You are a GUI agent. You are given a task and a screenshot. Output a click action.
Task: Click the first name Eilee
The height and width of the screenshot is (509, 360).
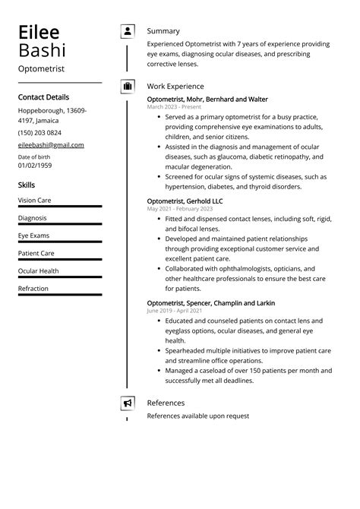pyautogui.click(x=39, y=32)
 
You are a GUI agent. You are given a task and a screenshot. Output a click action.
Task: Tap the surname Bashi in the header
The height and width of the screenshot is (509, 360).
pyautogui.click(x=42, y=51)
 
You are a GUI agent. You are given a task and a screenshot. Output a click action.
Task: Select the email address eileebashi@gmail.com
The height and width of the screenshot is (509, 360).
pyautogui.click(x=51, y=145)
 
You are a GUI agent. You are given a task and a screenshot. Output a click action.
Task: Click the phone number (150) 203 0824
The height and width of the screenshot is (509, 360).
pyautogui.click(x=40, y=133)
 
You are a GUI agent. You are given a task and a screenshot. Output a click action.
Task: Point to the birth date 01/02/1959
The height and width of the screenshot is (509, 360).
pyautogui.click(x=35, y=165)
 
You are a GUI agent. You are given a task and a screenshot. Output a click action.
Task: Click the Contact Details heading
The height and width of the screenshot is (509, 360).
pyautogui.click(x=43, y=97)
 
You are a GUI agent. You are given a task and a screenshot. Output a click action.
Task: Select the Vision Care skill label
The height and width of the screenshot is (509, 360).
pyautogui.click(x=35, y=201)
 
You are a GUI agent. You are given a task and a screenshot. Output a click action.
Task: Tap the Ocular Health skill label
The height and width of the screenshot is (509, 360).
pyautogui.click(x=38, y=271)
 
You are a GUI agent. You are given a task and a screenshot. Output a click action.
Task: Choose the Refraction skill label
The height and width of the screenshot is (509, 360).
pyautogui.click(x=33, y=289)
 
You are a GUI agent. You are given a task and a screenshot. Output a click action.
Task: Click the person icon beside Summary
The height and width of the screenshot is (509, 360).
pyautogui.click(x=127, y=31)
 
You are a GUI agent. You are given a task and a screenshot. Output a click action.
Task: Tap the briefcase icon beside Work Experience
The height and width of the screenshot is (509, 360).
pyautogui.click(x=127, y=87)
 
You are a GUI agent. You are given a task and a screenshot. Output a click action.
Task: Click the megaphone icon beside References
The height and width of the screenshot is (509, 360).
pyautogui.click(x=127, y=403)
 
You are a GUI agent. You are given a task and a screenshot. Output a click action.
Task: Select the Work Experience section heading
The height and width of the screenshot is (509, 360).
pyautogui.click(x=175, y=87)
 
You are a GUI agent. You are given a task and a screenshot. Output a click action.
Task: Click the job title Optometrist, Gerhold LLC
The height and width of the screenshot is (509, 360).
pyautogui.click(x=185, y=201)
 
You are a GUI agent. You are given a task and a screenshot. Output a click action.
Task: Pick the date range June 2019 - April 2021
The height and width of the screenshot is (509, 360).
pyautogui.click(x=175, y=311)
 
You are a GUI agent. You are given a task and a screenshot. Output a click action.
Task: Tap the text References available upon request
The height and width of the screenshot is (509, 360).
pyautogui.click(x=197, y=416)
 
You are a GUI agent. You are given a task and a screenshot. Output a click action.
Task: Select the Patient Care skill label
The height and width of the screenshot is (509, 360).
pyautogui.click(x=36, y=254)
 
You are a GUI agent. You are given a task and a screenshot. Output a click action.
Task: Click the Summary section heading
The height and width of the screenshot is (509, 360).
pyautogui.click(x=163, y=31)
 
